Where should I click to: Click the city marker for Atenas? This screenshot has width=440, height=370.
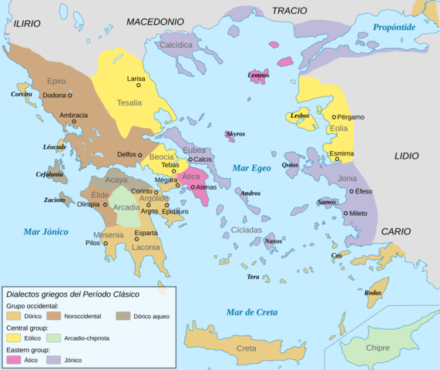192,187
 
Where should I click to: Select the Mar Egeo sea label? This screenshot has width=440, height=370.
251,167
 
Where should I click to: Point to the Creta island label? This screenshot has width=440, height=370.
246,348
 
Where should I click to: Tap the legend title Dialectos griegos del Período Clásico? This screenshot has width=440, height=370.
82,293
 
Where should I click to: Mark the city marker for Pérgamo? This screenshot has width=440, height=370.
334,117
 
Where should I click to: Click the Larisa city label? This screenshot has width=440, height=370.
136,79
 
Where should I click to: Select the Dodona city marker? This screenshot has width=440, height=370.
69,96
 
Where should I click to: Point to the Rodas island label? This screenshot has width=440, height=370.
373,293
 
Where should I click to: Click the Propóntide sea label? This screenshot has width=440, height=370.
394,27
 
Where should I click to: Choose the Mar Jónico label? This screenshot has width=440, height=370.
45,231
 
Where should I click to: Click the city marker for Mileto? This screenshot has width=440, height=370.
344,213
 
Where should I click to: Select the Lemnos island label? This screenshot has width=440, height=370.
259,76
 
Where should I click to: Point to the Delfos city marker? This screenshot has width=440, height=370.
140,155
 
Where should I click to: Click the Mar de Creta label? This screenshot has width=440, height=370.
251,311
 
